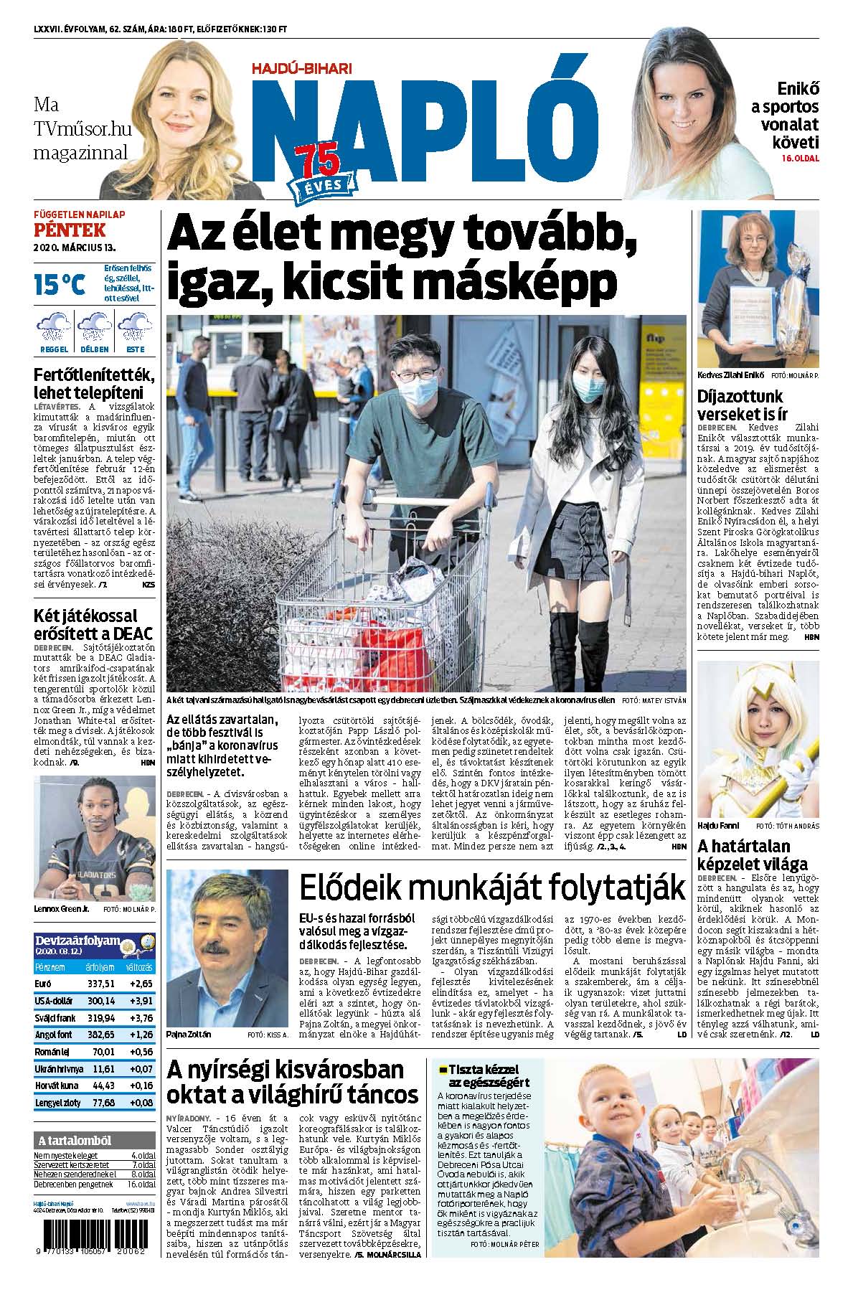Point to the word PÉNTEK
pos(69,230)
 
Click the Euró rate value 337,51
pos(100,984)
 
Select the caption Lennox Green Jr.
pos(61,908)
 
